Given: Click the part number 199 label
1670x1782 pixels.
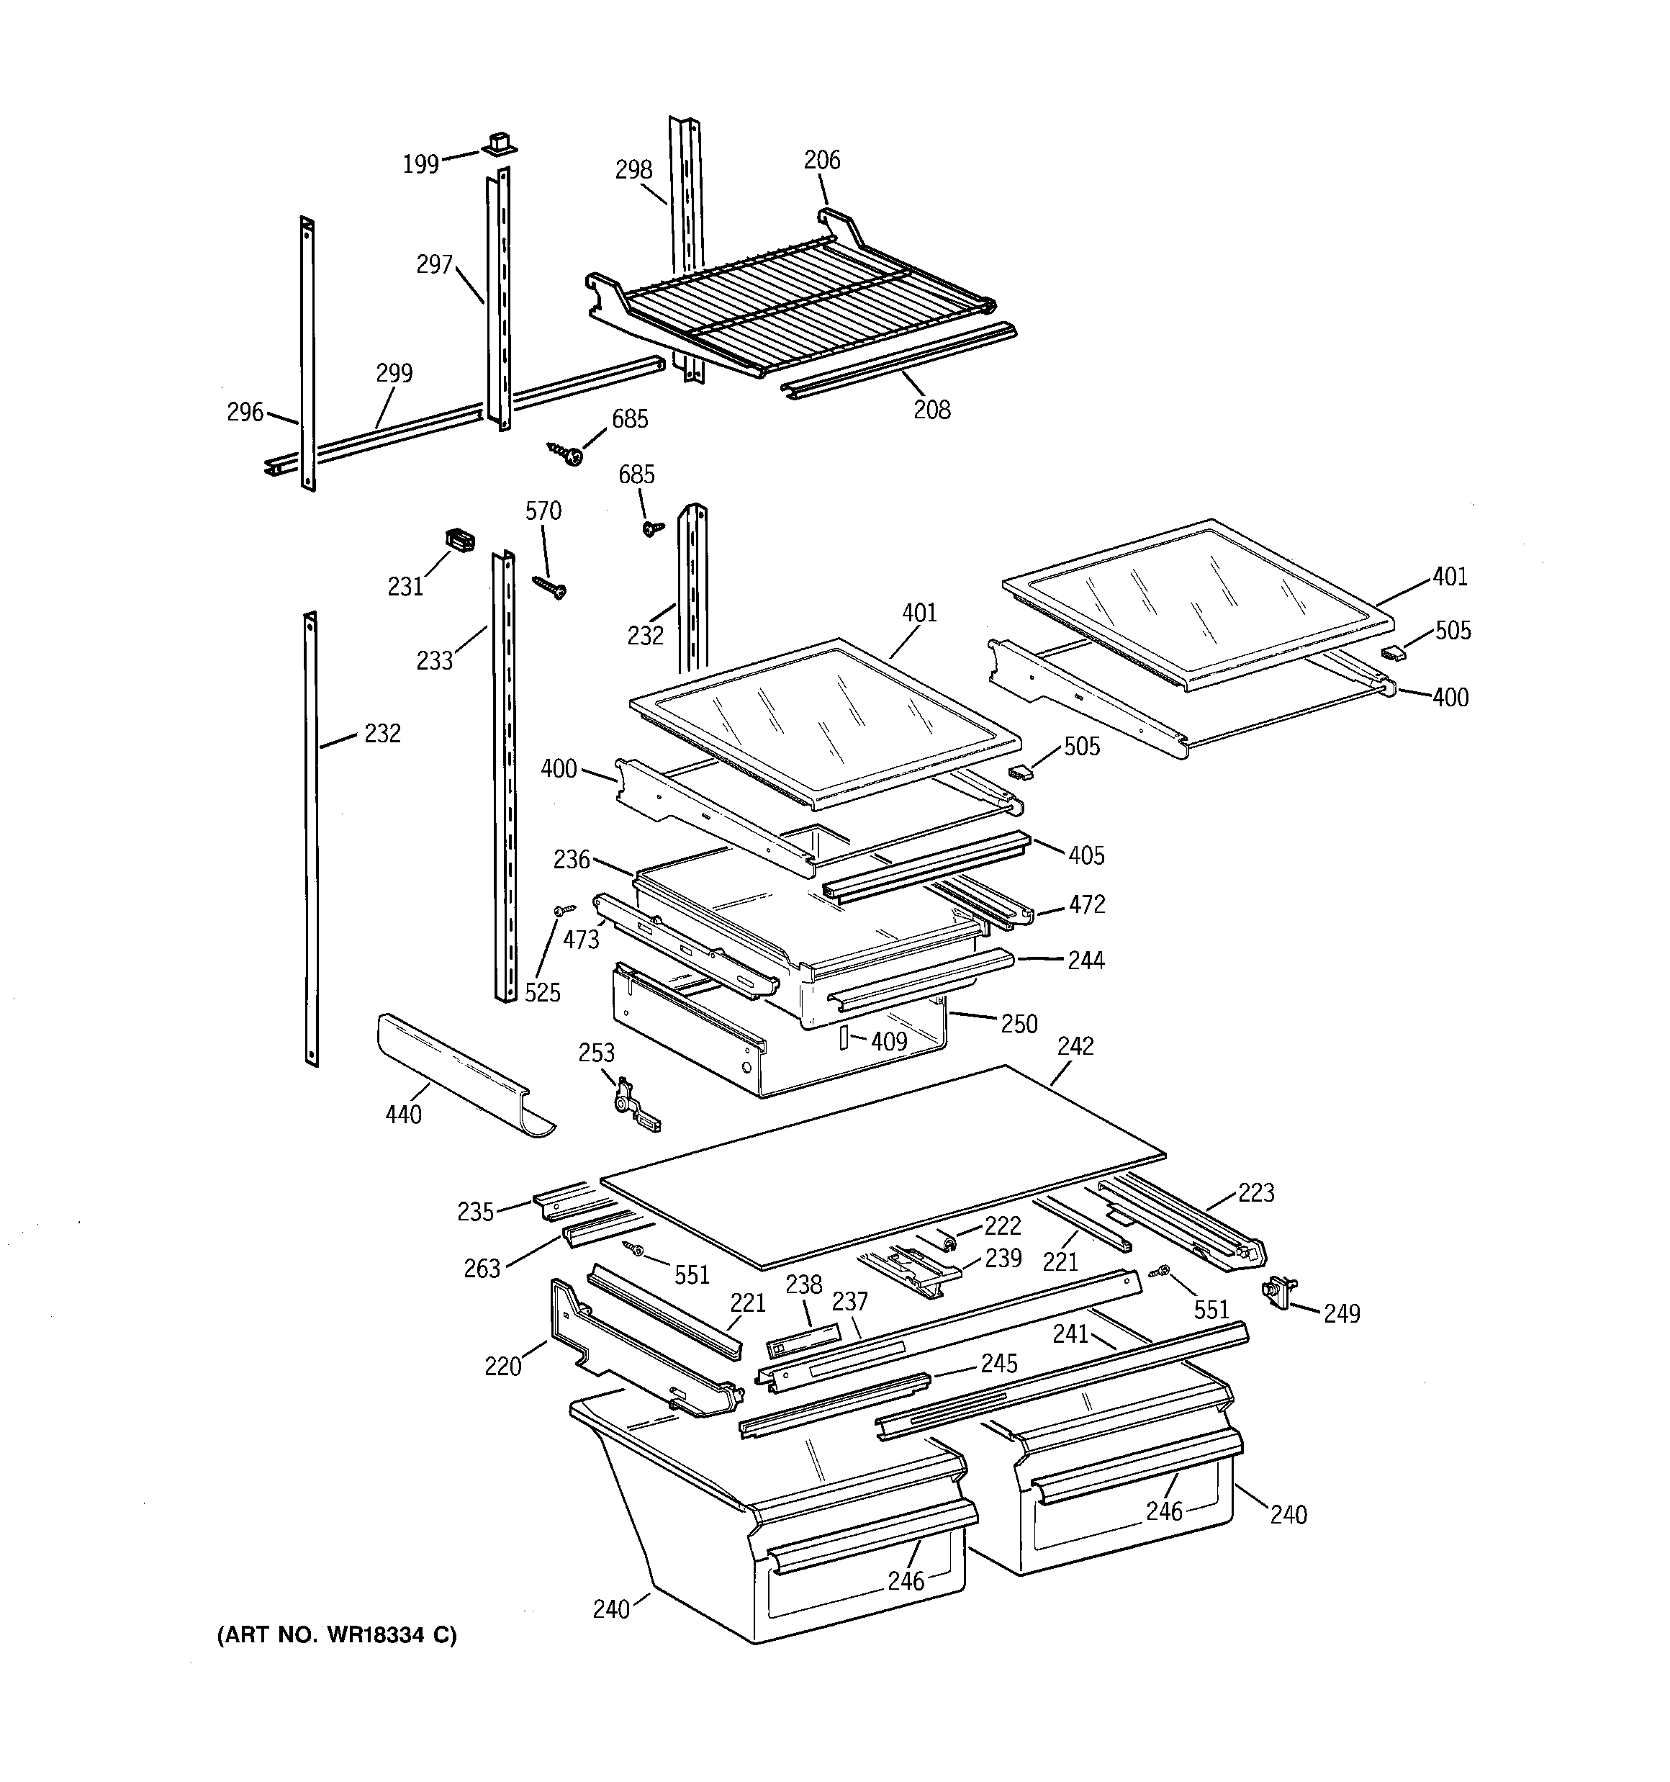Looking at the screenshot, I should [x=420, y=164].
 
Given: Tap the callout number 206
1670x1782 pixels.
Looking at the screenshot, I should [x=821, y=161].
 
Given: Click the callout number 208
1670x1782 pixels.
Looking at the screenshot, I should [x=931, y=410].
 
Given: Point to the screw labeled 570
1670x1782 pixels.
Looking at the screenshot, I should [x=549, y=586].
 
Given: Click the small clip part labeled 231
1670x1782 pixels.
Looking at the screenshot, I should [x=459, y=541].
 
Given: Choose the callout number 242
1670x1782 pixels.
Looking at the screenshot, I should [x=1075, y=1046].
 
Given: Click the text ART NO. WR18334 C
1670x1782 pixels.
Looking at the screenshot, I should [x=336, y=1635].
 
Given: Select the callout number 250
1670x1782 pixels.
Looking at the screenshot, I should [x=1019, y=1024].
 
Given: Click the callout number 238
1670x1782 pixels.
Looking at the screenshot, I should [x=803, y=1284].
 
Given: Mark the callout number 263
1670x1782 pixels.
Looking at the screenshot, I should [x=482, y=1269].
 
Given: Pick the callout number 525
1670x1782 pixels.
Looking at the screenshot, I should [x=542, y=992].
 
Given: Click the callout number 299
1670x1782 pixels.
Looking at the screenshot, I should [x=394, y=373].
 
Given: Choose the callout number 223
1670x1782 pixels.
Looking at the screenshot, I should [x=1256, y=1192].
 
